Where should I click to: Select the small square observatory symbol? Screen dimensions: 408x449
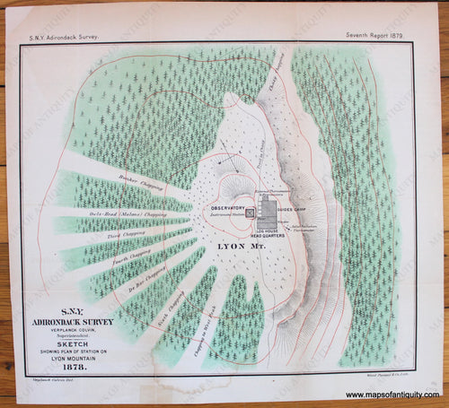(x=251, y=213)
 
